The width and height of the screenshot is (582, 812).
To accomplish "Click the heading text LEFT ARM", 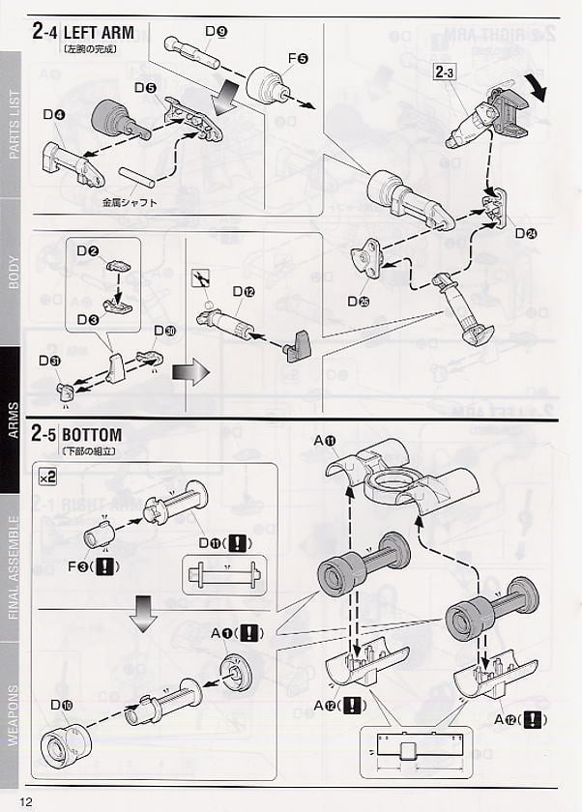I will click(99, 32).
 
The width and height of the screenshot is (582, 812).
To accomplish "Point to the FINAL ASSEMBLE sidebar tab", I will click(14, 571).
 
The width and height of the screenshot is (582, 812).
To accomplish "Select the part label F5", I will click(297, 59).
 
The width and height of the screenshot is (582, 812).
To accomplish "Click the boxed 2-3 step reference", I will click(446, 71).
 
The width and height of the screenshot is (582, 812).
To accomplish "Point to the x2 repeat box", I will click(47, 477).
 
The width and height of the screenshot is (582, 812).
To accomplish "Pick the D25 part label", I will click(359, 302).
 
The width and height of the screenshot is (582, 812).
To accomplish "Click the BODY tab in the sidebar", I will click(14, 274).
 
